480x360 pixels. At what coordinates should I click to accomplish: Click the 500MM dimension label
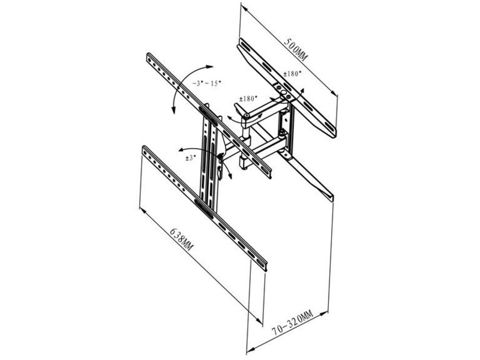[296, 50]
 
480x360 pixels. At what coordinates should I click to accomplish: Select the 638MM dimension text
[182, 239]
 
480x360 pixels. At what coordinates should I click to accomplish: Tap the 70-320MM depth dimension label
[292, 322]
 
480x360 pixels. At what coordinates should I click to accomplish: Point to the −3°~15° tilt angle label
[206, 83]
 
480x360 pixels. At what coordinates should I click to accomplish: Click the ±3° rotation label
[190, 158]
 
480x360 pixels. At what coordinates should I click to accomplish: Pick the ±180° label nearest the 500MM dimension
[292, 73]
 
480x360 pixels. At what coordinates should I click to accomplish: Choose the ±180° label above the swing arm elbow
[248, 98]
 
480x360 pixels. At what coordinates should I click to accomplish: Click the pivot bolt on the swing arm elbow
[247, 115]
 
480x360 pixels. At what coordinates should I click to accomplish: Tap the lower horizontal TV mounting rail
[205, 208]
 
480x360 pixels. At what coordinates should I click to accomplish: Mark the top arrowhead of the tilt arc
[209, 67]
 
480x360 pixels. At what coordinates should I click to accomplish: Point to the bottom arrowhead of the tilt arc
[173, 110]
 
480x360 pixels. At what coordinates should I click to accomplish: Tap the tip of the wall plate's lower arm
[332, 199]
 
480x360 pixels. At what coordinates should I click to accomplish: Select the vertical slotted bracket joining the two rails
[209, 159]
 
